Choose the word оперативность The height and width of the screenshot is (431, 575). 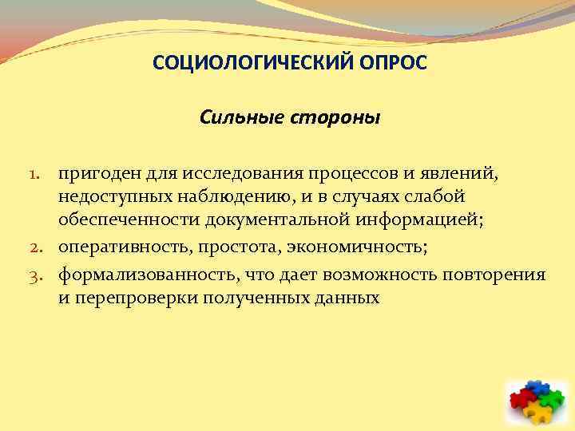tap(117, 248)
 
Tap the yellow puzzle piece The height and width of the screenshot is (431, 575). tap(537, 413)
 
